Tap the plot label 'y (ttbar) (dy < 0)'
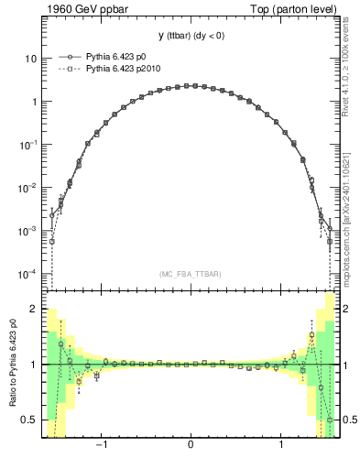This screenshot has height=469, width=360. [x=190, y=37]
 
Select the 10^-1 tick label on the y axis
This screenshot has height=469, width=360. [x=28, y=145]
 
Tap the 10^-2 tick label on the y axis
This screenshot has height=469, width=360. [x=28, y=188]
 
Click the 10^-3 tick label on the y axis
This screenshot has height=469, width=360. [x=28, y=231]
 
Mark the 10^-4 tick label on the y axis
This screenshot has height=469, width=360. [x=28, y=274]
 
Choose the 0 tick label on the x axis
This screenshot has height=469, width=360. [x=190, y=448]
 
